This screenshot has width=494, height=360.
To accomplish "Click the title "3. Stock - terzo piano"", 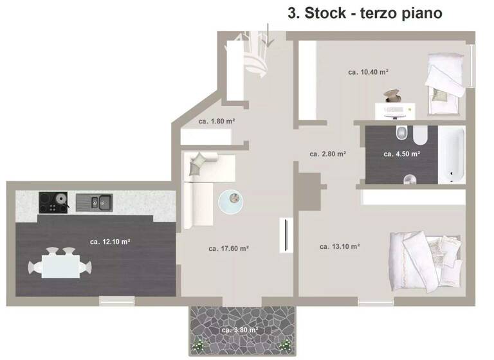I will pyautogui.click(x=365, y=14).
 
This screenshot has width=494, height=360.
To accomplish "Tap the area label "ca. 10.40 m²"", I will pyautogui.click(x=368, y=73).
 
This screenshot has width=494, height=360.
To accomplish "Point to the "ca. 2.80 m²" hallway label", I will pyautogui.click(x=328, y=154).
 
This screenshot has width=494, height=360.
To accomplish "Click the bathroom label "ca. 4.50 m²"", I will pyautogui.click(x=402, y=154).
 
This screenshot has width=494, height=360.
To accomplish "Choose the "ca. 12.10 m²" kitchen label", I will pyautogui.click(x=111, y=242).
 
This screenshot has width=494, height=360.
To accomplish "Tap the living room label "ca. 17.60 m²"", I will pyautogui.click(x=229, y=248).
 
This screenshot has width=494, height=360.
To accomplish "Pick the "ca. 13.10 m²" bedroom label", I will pyautogui.click(x=339, y=246).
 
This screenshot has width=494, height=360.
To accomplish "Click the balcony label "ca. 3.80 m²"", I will pyautogui.click(x=240, y=330).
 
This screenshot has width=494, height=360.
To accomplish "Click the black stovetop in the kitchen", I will pyautogui.click(x=54, y=203).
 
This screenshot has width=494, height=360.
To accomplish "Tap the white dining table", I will pyautogui.click(x=60, y=264).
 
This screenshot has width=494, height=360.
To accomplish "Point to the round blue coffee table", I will pyautogui.click(x=232, y=202).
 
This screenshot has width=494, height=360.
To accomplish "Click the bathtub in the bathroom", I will pyautogui.click(x=453, y=154).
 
